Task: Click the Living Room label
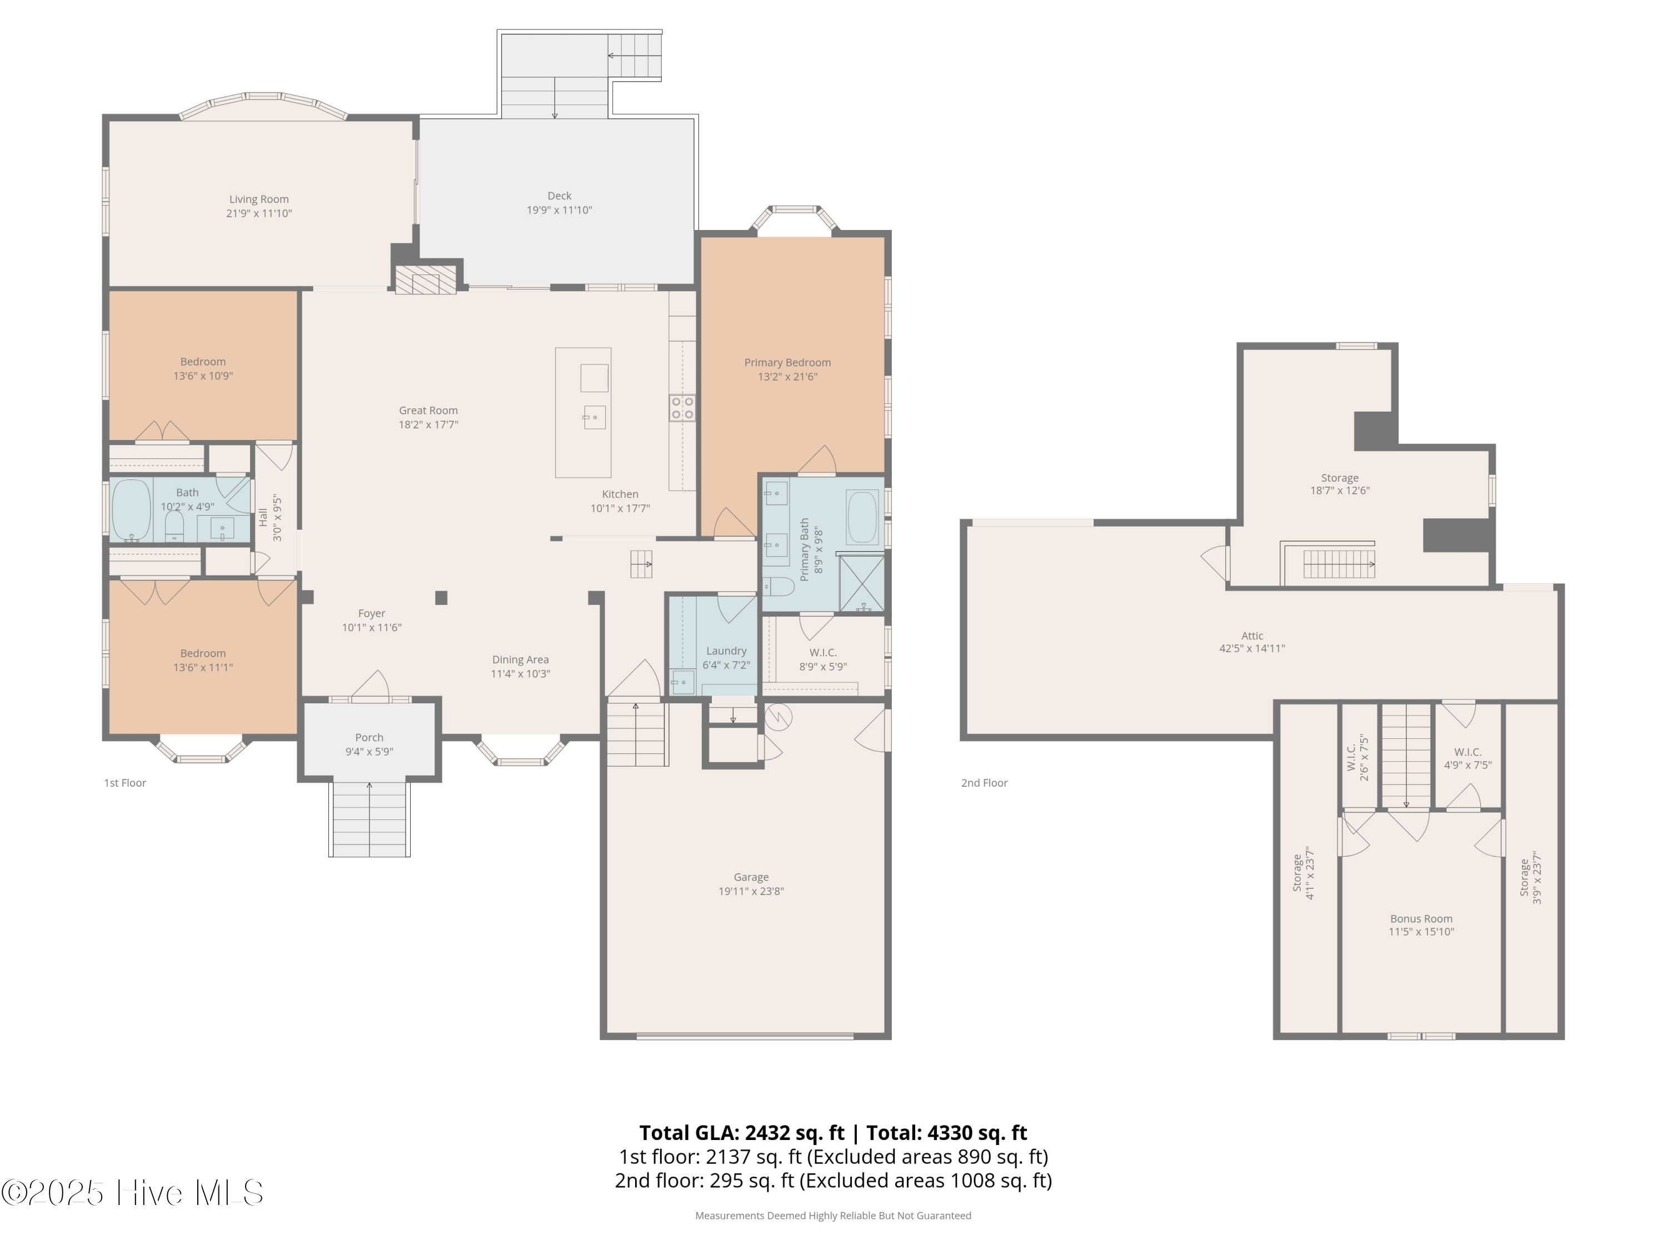pos(258,199)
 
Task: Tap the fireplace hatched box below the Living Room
pos(426,281)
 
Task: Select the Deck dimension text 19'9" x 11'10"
pos(559,210)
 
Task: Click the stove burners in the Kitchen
pos(682,408)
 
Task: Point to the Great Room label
pos(428,411)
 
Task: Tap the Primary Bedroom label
pos(787,362)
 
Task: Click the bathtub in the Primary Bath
pos(863,517)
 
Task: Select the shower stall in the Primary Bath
pos(861,582)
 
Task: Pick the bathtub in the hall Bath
pos(132,510)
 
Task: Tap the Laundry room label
pos(726,651)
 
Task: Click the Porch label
pos(370,738)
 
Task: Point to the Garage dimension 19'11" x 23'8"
pos(751,891)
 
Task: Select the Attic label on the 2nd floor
pos(1252,636)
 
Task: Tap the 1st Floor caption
pos(125,783)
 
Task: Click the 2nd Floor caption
pos(984,783)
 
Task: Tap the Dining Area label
pos(521,659)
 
